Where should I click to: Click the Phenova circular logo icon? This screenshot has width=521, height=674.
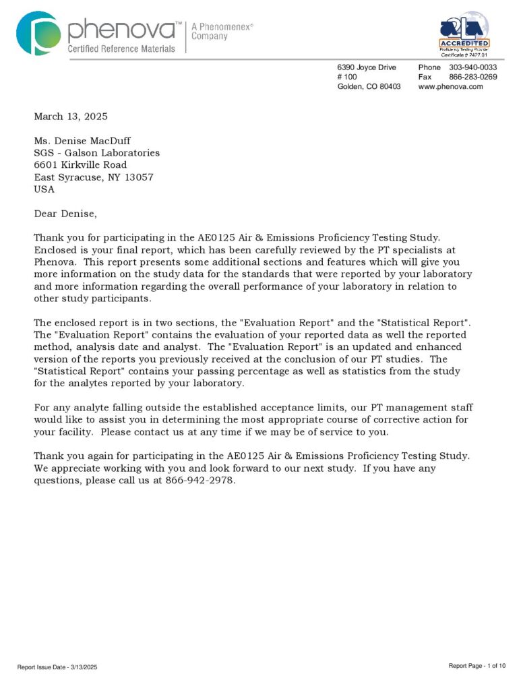click(38, 32)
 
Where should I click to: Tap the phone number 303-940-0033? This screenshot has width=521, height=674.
click(472, 67)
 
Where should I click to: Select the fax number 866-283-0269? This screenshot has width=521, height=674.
click(472, 77)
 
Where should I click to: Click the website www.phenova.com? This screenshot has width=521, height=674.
click(450, 86)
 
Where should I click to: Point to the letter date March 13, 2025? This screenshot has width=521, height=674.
click(71, 117)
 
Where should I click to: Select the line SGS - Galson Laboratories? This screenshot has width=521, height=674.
click(97, 153)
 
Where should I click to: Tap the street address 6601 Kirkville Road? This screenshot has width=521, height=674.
click(80, 165)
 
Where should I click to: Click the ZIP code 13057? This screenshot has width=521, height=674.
click(137, 177)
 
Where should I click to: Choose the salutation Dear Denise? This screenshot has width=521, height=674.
click(65, 214)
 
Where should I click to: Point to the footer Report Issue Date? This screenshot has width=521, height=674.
click(57, 667)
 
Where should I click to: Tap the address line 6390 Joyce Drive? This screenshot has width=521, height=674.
click(367, 67)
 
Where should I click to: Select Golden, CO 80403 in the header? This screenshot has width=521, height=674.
click(369, 86)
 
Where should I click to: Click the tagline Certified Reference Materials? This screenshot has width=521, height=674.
click(121, 49)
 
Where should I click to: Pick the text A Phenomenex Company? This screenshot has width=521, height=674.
click(222, 31)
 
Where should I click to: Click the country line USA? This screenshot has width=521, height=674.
click(44, 189)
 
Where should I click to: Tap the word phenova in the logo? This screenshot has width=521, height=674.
click(120, 29)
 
